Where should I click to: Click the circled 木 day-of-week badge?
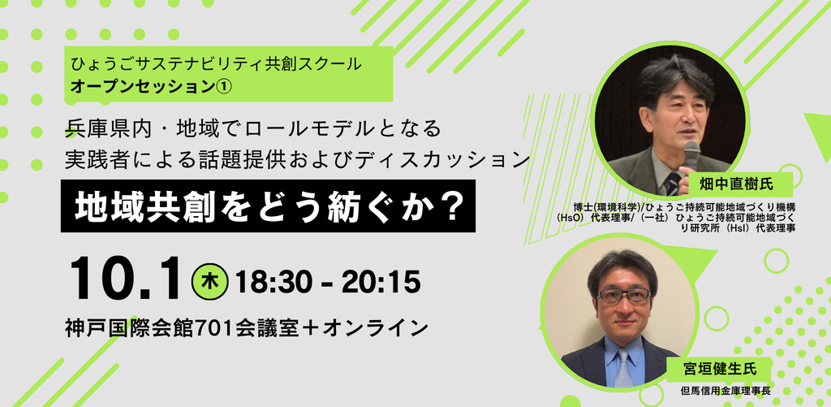point(209,282)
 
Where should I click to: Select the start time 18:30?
point(273,282)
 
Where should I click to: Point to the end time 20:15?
point(381,282)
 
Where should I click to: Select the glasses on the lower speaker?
point(623,295)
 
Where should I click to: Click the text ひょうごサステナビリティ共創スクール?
point(217,65)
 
